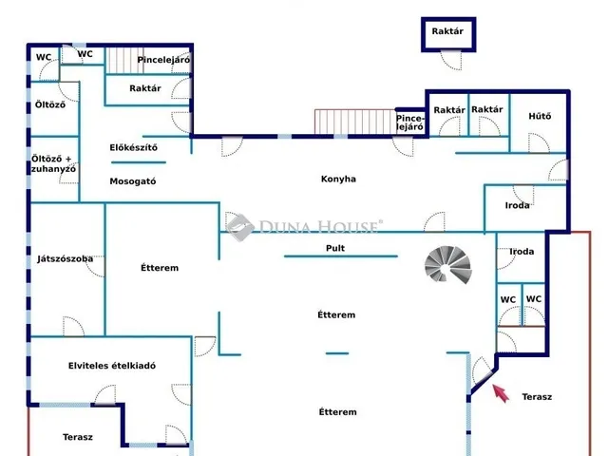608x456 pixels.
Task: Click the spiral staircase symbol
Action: tap(448, 265)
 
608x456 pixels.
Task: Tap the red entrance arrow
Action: tap(501, 393)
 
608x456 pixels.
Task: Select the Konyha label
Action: tap(338, 179)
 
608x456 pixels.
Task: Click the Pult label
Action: tap(335, 248)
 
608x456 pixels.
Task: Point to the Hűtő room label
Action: tap(540, 116)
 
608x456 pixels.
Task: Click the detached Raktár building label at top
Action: tap(447, 31)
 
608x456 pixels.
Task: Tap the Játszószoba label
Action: tap(66, 259)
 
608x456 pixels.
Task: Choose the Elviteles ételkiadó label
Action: tap(112, 366)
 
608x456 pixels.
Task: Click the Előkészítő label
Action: tap(133, 147)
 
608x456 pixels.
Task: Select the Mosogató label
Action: tap(133, 181)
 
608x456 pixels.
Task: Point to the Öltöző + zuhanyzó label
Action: tap(53, 164)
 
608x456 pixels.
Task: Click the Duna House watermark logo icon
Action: tap(240, 227)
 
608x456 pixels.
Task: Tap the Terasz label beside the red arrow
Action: tap(537, 397)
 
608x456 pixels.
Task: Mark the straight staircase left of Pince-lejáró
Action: tap(354, 122)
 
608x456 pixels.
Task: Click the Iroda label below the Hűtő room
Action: tap(517, 205)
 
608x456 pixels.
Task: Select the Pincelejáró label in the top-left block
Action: tap(163, 60)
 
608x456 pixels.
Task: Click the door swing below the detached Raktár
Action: tap(452, 61)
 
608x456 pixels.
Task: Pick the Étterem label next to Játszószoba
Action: tap(160, 268)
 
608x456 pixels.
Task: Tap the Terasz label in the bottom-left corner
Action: tap(78, 437)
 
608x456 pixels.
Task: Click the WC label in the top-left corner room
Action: tap(44, 57)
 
